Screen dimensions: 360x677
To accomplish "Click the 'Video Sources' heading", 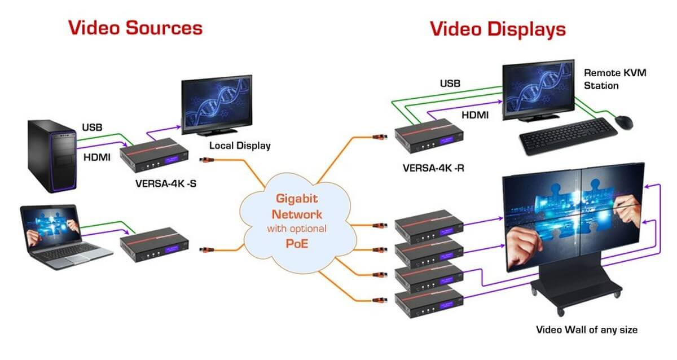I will (x=135, y=28).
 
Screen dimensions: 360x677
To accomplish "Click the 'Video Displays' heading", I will (x=498, y=29).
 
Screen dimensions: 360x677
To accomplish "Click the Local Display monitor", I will (x=216, y=104).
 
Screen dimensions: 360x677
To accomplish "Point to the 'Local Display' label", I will (x=240, y=146).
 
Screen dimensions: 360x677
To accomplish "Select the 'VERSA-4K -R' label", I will (x=433, y=168).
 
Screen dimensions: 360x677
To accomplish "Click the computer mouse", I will (x=623, y=121).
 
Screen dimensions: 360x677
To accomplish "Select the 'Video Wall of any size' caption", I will (x=587, y=329).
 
